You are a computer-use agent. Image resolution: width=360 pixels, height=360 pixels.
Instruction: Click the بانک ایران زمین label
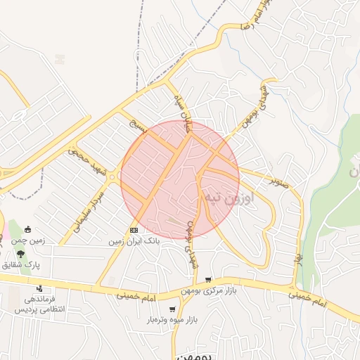pos(134,241)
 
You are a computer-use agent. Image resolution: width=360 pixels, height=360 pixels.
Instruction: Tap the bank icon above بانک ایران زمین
pos(134,231)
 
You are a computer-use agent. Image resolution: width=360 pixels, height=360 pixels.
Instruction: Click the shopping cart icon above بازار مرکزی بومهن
pos(208,280)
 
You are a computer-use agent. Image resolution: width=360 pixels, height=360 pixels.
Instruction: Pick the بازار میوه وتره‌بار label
pos(172,320)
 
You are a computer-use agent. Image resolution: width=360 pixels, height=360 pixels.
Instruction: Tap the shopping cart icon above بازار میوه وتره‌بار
pos(172,309)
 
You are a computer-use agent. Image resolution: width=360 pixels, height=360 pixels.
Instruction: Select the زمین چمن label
pos(28,240)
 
